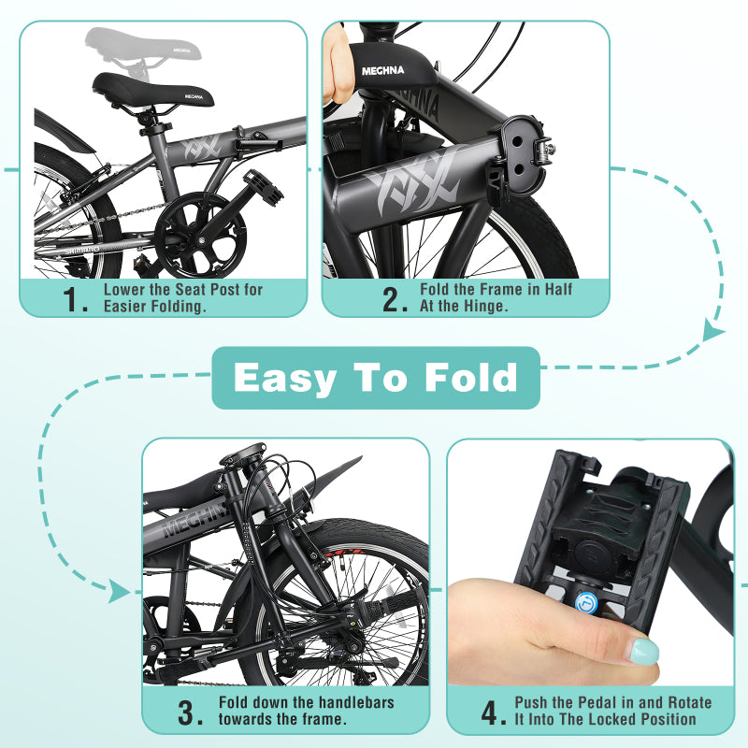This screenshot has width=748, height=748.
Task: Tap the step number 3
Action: pyautogui.click(x=191, y=712)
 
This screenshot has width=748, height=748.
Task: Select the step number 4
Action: pyautogui.click(x=494, y=712)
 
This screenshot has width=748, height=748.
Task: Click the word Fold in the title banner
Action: pyautogui.click(x=470, y=378)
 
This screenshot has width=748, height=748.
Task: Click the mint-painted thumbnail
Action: pyautogui.click(x=643, y=651)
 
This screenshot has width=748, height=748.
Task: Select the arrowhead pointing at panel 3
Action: pyautogui.click(x=119, y=591)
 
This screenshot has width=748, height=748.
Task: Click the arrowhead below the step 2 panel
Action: pyautogui.click(x=713, y=331)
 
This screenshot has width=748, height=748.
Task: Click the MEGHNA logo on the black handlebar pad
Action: pyautogui.click(x=383, y=69)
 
